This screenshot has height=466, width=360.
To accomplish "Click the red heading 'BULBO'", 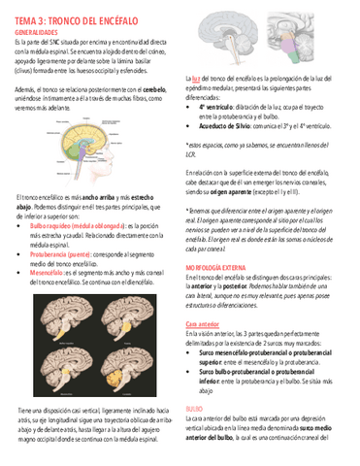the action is point(193,410).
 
